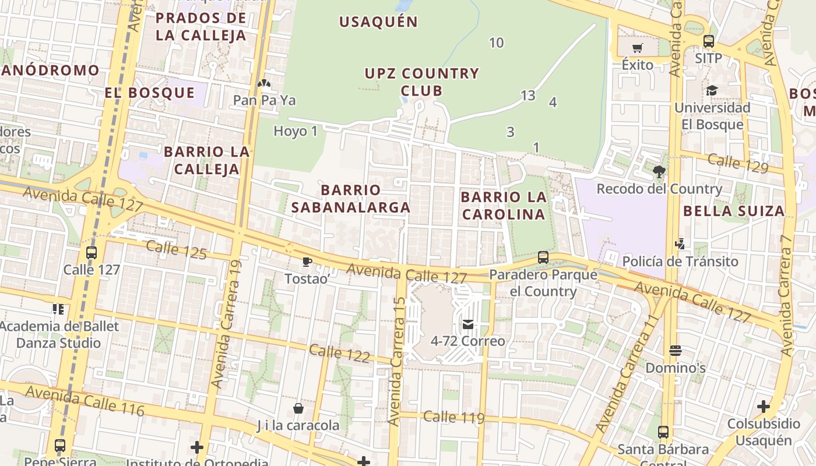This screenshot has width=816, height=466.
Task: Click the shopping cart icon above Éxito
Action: (x=637, y=48)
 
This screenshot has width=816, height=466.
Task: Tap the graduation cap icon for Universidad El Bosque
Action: (x=712, y=91)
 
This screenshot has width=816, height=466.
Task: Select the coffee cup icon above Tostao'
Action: (x=307, y=262)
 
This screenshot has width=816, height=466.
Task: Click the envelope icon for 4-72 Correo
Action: (x=468, y=324)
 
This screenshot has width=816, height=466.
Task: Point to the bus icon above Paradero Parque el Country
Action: (x=543, y=257)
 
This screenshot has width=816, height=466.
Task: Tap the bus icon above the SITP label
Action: (x=709, y=41)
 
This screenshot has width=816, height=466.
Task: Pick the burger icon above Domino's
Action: (x=676, y=351)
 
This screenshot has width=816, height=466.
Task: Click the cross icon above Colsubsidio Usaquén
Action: (x=764, y=406)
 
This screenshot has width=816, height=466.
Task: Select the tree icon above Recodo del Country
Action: (x=659, y=172)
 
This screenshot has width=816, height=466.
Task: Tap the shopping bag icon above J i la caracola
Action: (x=298, y=408)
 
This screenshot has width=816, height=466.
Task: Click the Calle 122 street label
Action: (x=339, y=353)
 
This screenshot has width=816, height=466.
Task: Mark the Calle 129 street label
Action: (x=738, y=163)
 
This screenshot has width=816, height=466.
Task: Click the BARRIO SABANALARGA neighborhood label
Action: (x=351, y=199)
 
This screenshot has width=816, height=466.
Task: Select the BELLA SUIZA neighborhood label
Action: (x=734, y=211)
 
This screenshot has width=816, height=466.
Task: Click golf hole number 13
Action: (x=527, y=96)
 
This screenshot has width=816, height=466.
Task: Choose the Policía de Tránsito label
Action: (x=680, y=261)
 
